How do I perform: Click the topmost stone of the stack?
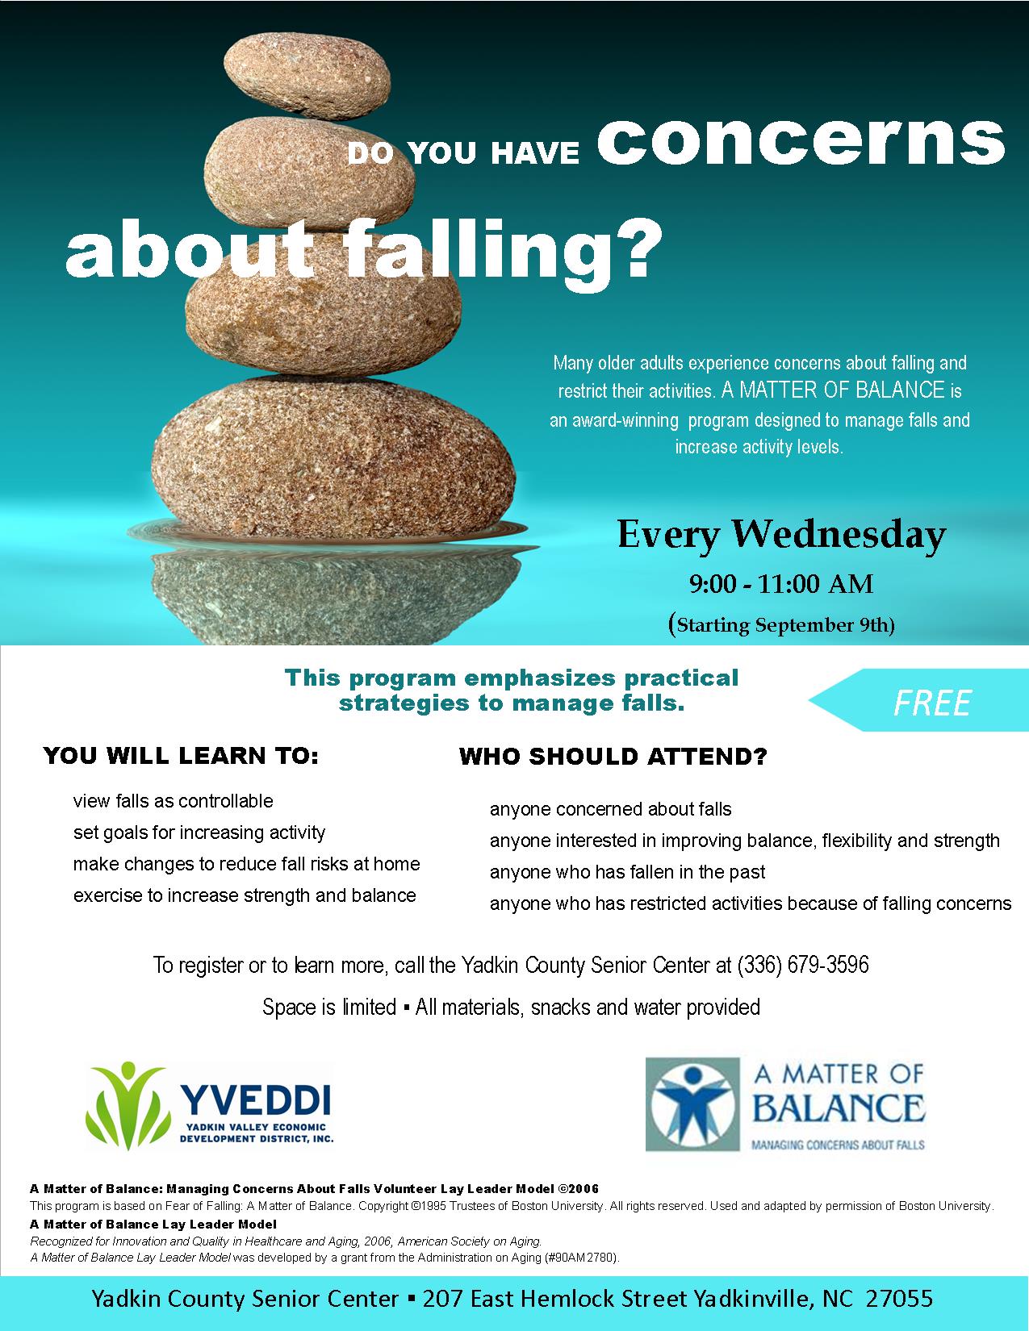[x=307, y=75]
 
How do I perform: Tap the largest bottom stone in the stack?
[x=333, y=458]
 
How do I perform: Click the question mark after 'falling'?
[x=634, y=248]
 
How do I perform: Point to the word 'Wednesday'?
[x=839, y=535]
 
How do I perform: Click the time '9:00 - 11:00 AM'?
[x=780, y=584]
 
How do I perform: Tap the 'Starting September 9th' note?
[x=780, y=625]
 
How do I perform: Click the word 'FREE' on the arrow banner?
[x=931, y=703]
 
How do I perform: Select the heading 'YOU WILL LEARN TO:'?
[x=181, y=756]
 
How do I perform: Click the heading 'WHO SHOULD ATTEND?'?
[x=613, y=757]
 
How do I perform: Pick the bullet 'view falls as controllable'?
[x=173, y=800]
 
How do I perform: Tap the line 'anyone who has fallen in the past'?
[x=628, y=872]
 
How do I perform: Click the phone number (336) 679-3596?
[x=803, y=965]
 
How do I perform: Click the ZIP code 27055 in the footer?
[x=899, y=1299]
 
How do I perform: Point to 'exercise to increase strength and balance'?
[x=245, y=895]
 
